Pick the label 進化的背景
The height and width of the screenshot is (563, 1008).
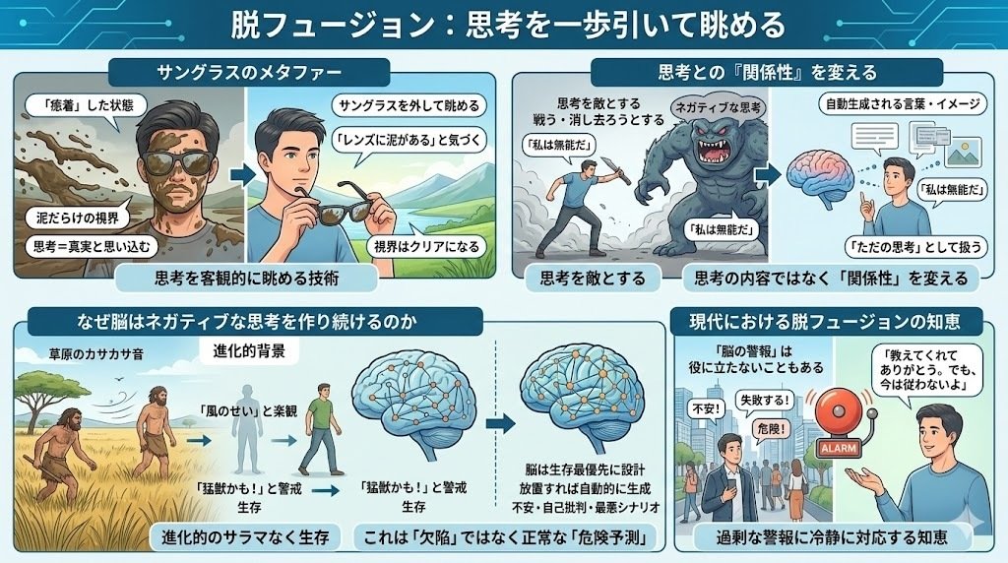[x=250, y=350]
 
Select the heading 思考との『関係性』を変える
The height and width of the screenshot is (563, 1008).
[x=767, y=73]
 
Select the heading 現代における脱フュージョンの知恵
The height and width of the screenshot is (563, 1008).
[x=838, y=321]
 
